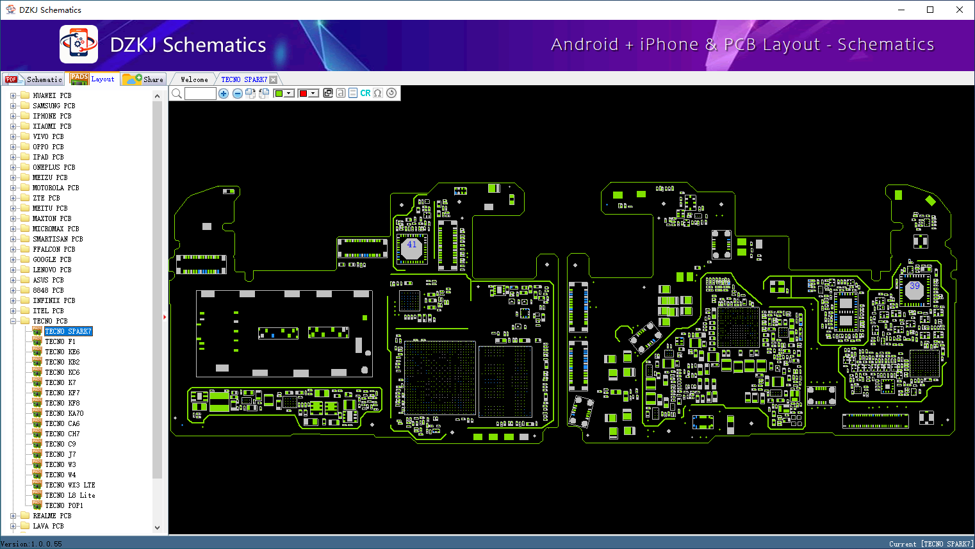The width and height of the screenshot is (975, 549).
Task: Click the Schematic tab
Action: point(33,79)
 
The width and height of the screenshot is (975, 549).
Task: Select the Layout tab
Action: point(92,79)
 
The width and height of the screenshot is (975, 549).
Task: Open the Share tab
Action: point(143,79)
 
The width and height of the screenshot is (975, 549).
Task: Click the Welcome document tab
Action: point(194,79)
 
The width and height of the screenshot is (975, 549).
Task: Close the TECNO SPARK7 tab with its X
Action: point(274,79)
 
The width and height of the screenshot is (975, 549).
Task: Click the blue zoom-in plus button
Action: point(224,93)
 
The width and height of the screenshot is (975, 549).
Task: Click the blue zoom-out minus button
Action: point(237,93)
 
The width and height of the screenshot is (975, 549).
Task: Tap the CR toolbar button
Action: point(365,93)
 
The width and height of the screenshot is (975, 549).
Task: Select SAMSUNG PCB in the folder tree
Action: point(54,106)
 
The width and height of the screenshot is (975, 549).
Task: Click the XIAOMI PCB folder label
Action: point(53,126)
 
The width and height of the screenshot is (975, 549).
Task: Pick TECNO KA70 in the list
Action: point(65,413)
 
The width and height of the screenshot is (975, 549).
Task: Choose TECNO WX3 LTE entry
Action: point(70,485)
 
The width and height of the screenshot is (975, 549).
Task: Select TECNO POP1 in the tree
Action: point(64,505)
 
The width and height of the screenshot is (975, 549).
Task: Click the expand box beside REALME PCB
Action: point(13,516)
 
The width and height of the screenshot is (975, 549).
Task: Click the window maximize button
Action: point(930,10)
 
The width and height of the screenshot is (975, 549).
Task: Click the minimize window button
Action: point(901,10)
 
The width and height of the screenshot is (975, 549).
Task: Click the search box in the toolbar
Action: point(201,93)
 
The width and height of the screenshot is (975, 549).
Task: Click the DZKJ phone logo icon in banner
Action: point(79,44)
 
